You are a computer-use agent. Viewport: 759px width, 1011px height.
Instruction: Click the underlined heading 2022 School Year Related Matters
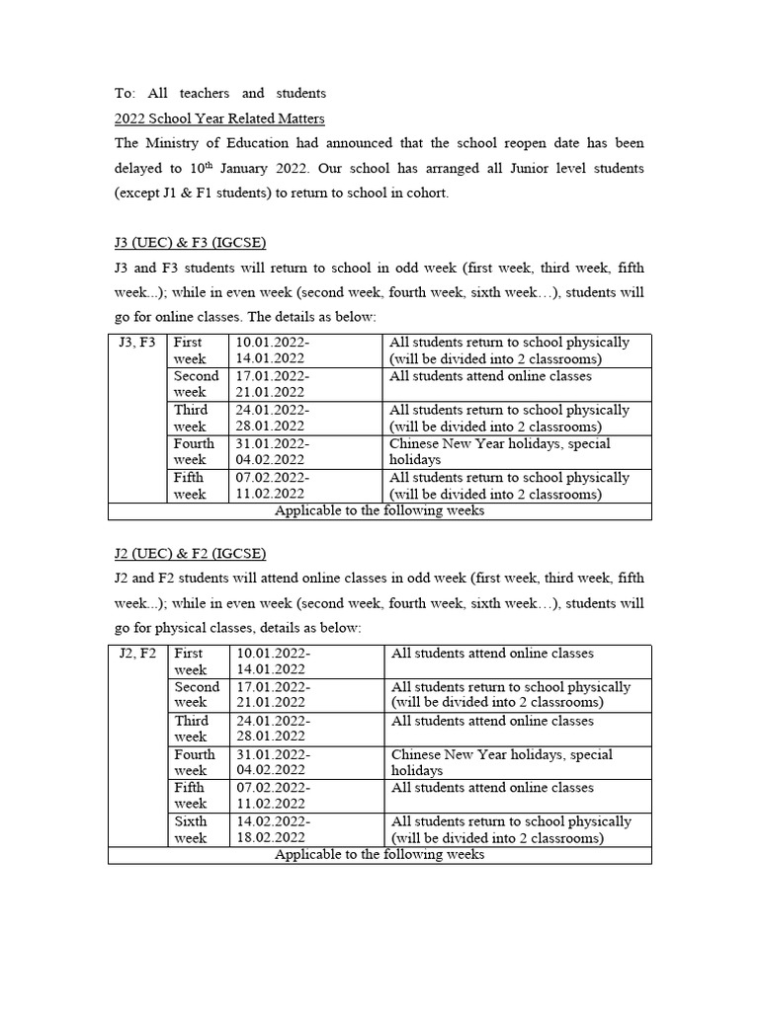pyautogui.click(x=219, y=118)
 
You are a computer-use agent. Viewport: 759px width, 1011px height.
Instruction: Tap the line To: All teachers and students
pyautogui.click(x=219, y=94)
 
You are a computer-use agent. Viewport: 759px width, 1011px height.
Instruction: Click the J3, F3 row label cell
pyautogui.click(x=136, y=343)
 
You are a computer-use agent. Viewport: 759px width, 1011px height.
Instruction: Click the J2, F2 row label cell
pyautogui.click(x=136, y=654)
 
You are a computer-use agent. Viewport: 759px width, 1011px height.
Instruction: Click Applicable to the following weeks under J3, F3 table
pyautogui.click(x=379, y=511)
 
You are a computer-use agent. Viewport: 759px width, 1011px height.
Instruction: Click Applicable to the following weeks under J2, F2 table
pyautogui.click(x=379, y=855)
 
